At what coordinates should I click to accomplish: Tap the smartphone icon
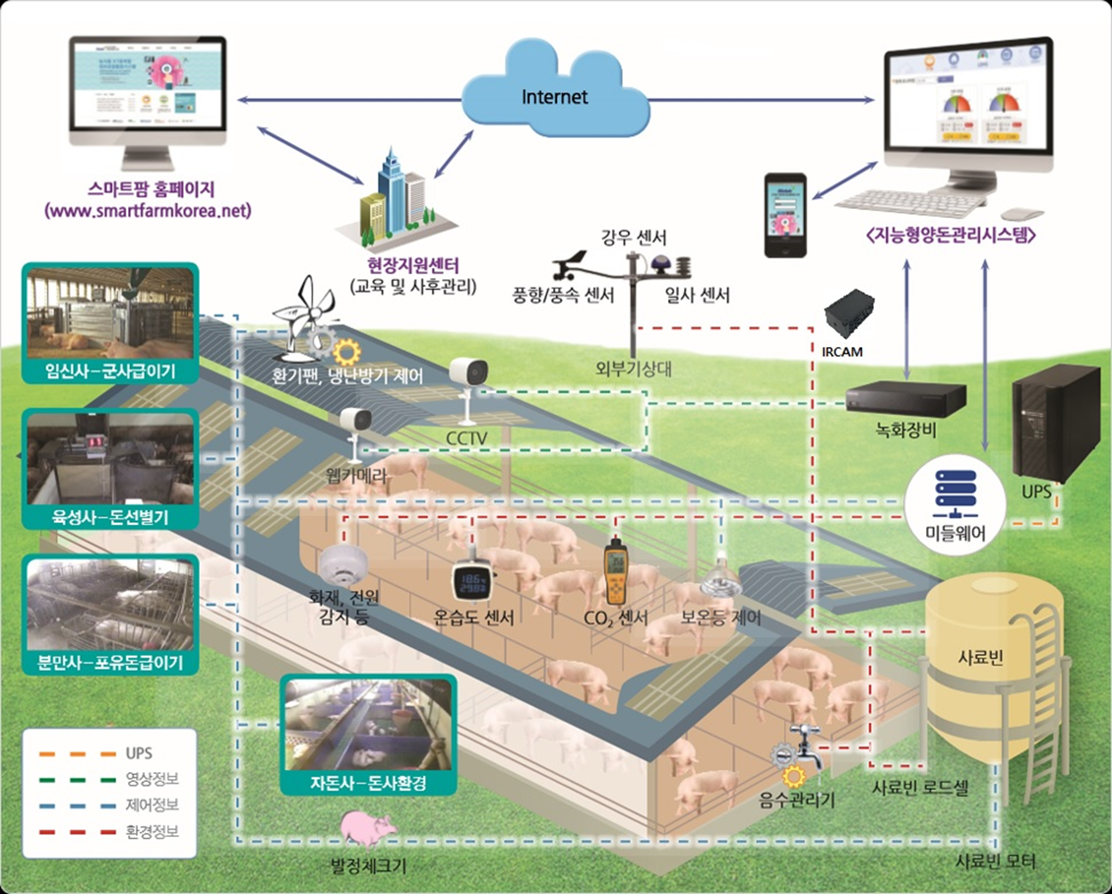click(x=786, y=215)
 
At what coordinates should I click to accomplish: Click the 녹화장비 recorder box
click(x=906, y=397)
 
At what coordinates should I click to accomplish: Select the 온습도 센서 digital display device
click(x=472, y=582)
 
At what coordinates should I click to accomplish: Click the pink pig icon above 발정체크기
click(x=369, y=827)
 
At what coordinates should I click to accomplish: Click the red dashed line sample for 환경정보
click(x=77, y=833)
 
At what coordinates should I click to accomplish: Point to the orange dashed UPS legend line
click(x=77, y=753)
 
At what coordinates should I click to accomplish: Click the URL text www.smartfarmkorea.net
click(x=148, y=212)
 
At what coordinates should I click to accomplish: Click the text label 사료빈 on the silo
click(x=980, y=659)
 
